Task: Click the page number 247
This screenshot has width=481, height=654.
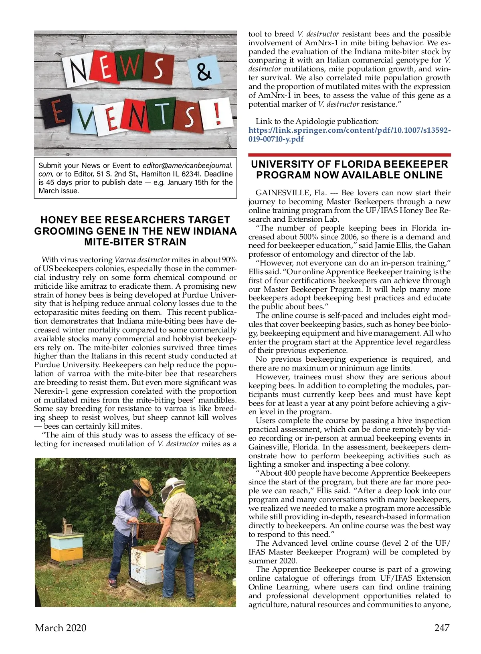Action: [x=442, y=628]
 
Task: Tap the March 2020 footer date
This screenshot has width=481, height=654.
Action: [x=61, y=628]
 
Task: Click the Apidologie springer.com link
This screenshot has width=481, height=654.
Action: [x=349, y=135]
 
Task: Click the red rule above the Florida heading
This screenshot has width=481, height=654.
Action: [x=349, y=155]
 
